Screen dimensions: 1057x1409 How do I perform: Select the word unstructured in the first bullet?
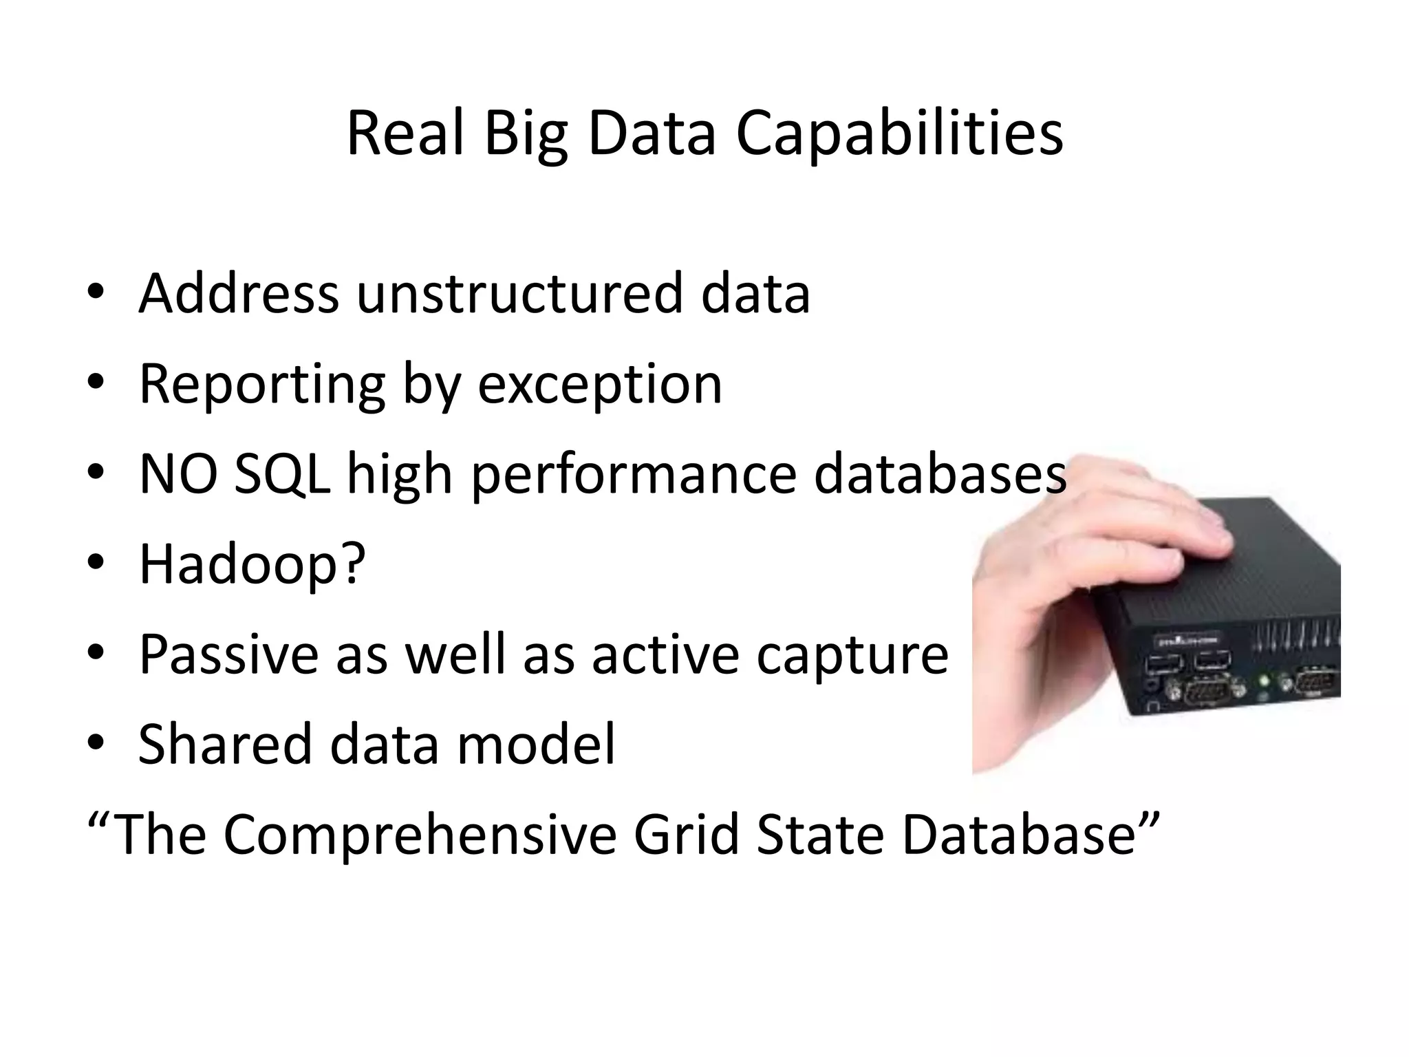click(520, 294)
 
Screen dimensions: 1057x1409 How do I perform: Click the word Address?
click(239, 294)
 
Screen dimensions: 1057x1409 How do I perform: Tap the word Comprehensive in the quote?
click(420, 835)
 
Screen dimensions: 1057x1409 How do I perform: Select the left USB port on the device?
click(1159, 664)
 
